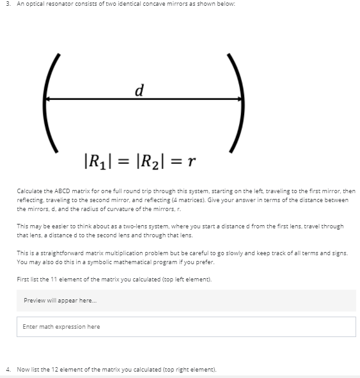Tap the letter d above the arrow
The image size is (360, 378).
pyautogui.click(x=138, y=89)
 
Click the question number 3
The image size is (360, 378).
pyautogui.click(x=6, y=4)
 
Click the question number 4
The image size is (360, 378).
pyautogui.click(x=6, y=370)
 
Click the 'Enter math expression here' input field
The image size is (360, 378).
pyautogui.click(x=186, y=327)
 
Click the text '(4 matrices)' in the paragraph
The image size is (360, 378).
pyautogui.click(x=256, y=200)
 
